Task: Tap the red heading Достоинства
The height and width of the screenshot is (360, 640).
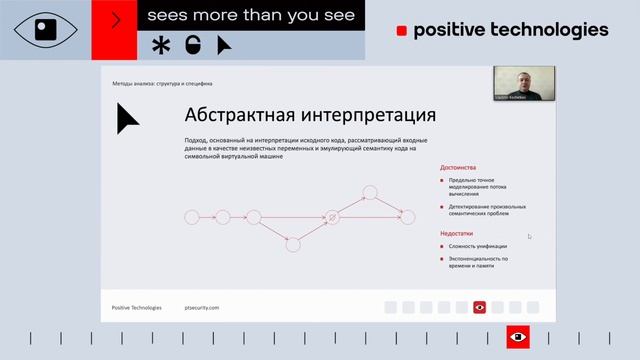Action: (x=458, y=167)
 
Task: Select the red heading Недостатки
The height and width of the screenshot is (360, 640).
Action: (x=457, y=233)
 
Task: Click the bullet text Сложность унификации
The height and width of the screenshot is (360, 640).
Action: (x=477, y=246)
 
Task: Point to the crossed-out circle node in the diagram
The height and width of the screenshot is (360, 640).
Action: (x=333, y=216)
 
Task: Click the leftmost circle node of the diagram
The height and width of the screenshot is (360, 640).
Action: (x=192, y=216)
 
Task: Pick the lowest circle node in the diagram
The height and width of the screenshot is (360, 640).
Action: (x=293, y=242)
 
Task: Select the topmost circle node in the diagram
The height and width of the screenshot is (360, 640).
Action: (x=369, y=191)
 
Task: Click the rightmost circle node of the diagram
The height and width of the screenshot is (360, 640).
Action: (x=406, y=216)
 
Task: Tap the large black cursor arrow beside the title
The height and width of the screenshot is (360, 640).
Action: (x=127, y=119)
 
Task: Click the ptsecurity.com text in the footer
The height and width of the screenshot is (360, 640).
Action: (x=202, y=307)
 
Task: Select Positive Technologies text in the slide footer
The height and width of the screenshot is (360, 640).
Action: (x=137, y=307)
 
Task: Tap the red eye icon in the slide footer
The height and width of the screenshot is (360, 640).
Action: (x=479, y=307)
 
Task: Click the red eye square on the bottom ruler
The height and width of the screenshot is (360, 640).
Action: (x=518, y=338)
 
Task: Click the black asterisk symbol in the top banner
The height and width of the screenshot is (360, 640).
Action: (x=160, y=44)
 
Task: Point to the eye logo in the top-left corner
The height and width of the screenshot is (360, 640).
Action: (x=45, y=29)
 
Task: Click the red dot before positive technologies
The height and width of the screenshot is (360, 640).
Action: (x=401, y=31)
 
